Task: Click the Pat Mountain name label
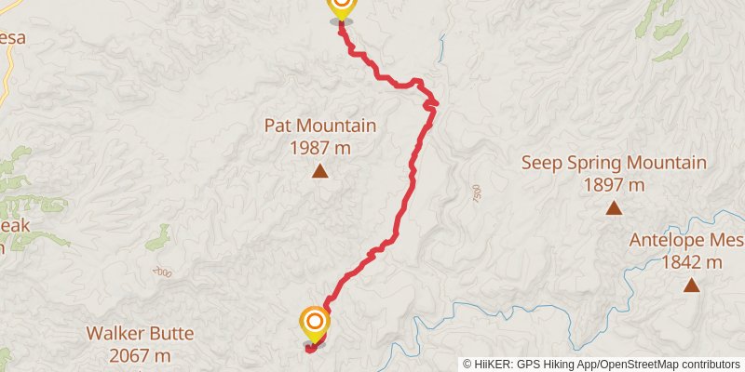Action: pyautogui.click(x=319, y=126)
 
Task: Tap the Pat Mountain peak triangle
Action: pyautogui.click(x=319, y=170)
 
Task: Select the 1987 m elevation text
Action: pyautogui.click(x=319, y=148)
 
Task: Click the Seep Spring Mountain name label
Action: pyautogui.click(x=613, y=163)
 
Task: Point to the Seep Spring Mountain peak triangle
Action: pyautogui.click(x=614, y=207)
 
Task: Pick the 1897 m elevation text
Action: pyautogui.click(x=614, y=184)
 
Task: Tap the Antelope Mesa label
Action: pyautogui.click(x=686, y=240)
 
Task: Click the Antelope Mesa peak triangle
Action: pyautogui.click(x=691, y=285)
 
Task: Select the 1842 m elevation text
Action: pyautogui.click(x=691, y=262)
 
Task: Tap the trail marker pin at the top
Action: pyautogui.click(x=341, y=7)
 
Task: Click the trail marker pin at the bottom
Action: pyautogui.click(x=315, y=325)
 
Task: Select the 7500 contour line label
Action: pyautogui.click(x=476, y=194)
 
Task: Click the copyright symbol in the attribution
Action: pyautogui.click(x=467, y=365)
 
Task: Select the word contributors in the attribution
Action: pyautogui.click(x=710, y=365)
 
